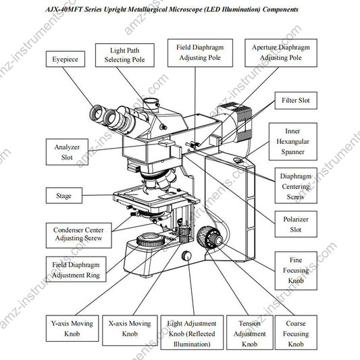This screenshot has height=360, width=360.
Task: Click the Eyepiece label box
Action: coord(64,59)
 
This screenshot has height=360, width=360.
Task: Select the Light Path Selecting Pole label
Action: coord(129,55)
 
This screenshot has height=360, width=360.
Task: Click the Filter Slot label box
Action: coord(295,101)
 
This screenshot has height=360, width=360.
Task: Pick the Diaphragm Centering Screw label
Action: coord(295,186)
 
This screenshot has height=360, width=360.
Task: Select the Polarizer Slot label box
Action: coord(295,225)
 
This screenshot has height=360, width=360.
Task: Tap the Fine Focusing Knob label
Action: coord(295,270)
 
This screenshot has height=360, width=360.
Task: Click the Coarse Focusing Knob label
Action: coord(295,333)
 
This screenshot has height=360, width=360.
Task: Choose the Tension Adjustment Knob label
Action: coord(245,333)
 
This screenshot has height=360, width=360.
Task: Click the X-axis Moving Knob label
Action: coord(130,329)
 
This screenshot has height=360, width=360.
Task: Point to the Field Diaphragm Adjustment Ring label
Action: coord(75,270)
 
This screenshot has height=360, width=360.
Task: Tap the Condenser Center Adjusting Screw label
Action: coord(78,234)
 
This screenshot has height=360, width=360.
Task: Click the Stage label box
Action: coord(64,197)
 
